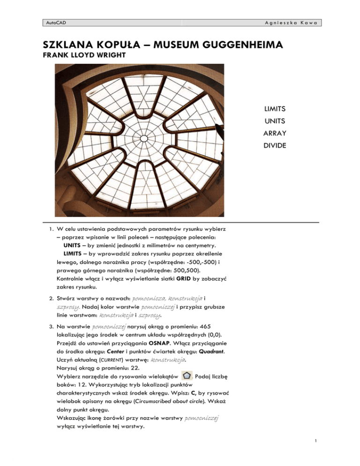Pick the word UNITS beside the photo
click(x=275, y=121)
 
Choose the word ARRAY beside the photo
click(x=275, y=133)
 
